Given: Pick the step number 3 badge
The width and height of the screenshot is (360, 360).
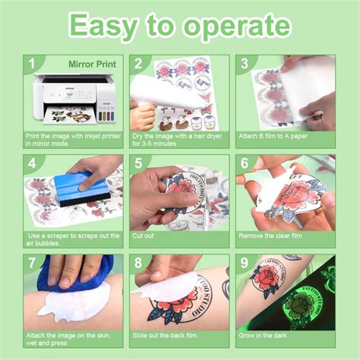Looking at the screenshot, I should (x=245, y=65).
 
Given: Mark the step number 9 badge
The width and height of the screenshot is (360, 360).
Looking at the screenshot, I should (x=245, y=264).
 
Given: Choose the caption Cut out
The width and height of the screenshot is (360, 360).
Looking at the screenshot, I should (x=144, y=236).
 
